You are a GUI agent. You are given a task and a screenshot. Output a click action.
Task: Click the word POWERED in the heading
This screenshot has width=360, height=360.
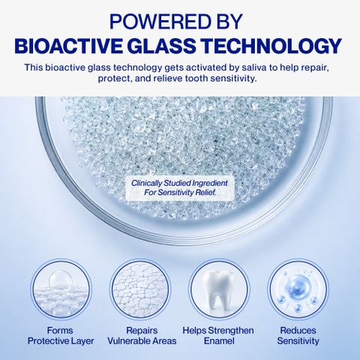pos(160,22)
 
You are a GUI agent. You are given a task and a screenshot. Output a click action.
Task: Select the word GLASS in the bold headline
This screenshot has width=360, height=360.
pos(162,46)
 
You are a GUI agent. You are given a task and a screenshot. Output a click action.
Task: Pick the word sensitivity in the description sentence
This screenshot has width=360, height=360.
pos(233,79)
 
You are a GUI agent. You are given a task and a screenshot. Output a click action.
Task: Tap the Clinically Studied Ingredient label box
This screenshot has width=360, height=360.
pos(180,188)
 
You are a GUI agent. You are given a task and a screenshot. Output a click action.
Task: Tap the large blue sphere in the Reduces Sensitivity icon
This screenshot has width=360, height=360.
pos(298,285)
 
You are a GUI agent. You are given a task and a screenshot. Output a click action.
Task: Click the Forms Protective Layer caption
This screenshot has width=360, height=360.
pos(61,336)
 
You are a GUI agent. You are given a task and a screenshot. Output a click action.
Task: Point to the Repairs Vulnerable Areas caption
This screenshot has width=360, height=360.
pos(142,336)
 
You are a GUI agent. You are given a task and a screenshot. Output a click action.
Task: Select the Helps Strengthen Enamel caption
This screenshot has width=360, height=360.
pos(218,336)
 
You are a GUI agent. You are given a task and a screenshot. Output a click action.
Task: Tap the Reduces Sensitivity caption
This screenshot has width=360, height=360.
pos(298,336)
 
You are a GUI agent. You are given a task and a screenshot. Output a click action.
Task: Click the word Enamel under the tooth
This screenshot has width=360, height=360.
pos(219,341)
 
